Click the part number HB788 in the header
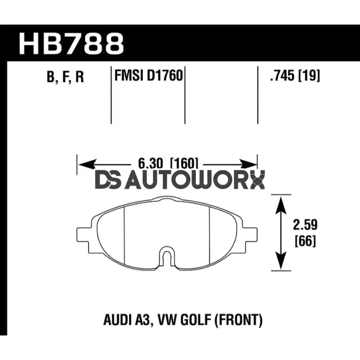[71, 44]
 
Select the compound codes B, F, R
[65, 77]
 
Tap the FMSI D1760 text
[148, 76]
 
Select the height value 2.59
[306, 226]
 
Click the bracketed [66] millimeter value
[306, 241]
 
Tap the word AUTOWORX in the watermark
[195, 181]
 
